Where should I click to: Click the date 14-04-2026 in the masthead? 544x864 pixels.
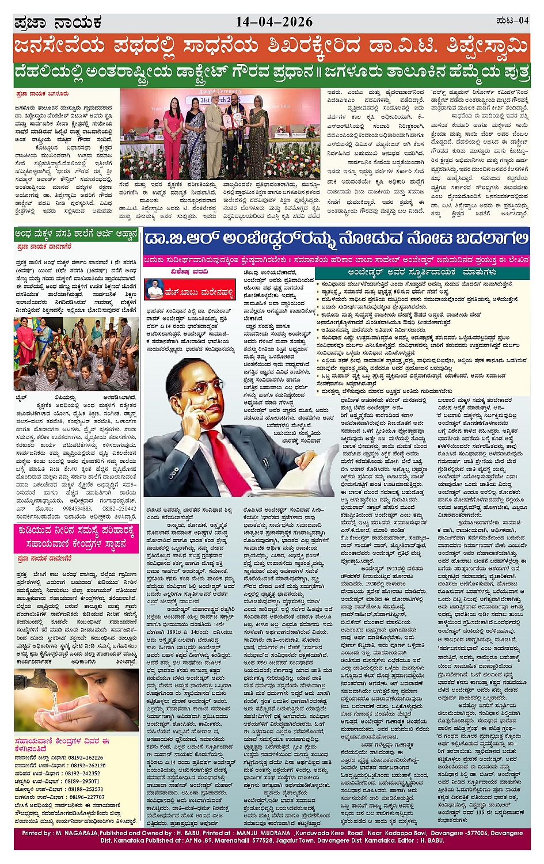(274, 22)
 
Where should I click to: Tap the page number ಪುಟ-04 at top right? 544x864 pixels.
(512, 21)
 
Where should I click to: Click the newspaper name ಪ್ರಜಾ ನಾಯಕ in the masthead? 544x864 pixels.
(58, 23)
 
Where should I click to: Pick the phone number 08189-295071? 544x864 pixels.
(85, 781)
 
